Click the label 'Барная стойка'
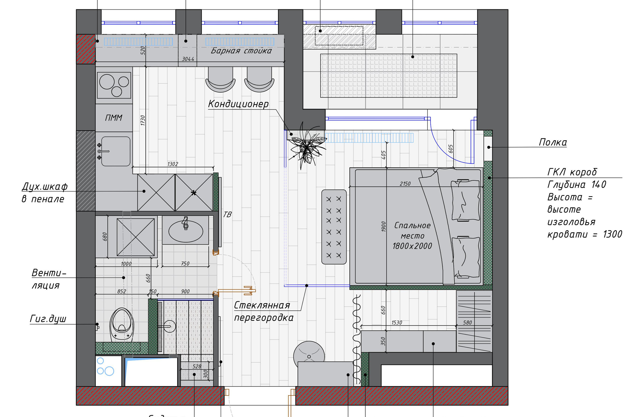[241, 51]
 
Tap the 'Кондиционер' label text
[238, 104]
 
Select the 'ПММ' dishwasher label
[114, 118]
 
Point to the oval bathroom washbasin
[186, 231]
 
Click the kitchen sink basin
[116, 151]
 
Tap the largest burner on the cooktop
[107, 82]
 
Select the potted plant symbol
[307, 147]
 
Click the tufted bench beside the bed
[334, 227]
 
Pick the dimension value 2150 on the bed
[405, 184]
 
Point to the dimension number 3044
[188, 59]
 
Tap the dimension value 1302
[173, 164]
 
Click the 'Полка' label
[553, 143]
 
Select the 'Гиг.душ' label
[48, 319]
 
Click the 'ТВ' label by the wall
[227, 214]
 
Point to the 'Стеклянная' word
[262, 306]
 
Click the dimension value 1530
[397, 323]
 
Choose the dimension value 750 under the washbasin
[185, 264]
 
